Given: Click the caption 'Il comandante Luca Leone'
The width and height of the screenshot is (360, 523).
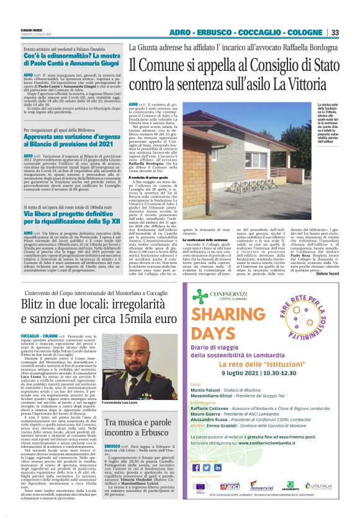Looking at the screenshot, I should pos(124,386).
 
